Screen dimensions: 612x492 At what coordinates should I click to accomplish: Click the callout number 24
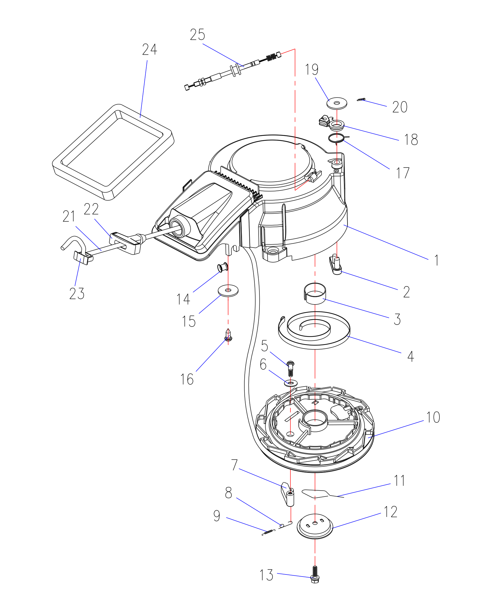point(150,50)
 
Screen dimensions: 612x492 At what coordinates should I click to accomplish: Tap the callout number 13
point(266,575)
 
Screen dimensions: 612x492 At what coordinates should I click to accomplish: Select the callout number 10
point(433,417)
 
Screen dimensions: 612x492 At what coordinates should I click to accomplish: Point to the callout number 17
point(402,173)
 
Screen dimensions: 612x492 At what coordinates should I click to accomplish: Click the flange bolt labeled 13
point(315,574)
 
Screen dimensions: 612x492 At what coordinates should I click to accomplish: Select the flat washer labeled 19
point(337,103)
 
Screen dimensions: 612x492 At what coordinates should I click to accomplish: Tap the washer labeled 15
point(228,291)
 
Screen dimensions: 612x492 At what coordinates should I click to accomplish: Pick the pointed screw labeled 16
point(228,335)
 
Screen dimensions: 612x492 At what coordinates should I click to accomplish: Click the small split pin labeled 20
point(361,100)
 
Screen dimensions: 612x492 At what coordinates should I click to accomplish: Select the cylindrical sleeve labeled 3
point(315,293)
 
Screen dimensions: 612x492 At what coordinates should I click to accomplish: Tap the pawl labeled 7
point(288,494)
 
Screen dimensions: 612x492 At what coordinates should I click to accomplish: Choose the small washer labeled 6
point(291,383)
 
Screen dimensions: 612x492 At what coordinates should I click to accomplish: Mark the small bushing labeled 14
point(223,268)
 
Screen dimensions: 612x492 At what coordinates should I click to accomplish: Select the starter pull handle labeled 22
point(126,242)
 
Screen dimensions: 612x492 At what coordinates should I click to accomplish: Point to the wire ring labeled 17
point(337,138)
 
